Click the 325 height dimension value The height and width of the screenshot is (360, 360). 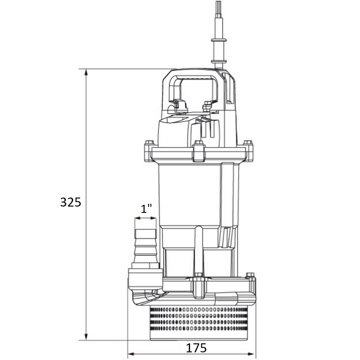[x=71, y=202]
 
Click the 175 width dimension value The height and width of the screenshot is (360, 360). [x=196, y=348]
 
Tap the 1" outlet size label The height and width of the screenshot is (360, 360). [x=146, y=208]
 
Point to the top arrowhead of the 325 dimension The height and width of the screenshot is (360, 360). [x=86, y=72]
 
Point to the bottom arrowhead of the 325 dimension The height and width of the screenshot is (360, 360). [x=86, y=337]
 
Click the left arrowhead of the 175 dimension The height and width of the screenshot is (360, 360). [x=131, y=354]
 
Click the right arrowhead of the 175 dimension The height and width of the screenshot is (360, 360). [x=252, y=354]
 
